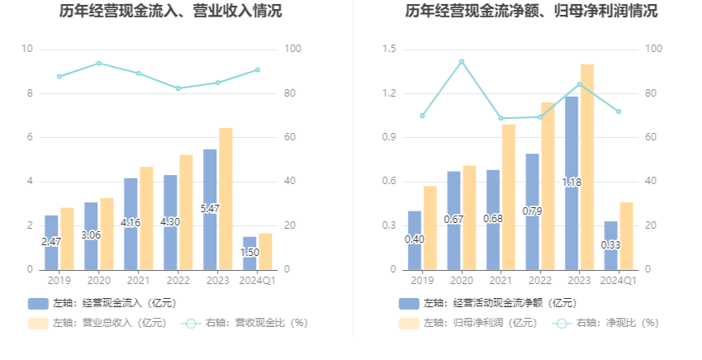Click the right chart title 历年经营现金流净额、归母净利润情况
pos(532,12)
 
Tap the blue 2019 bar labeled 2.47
pos(51,242)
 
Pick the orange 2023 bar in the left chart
pos(225,198)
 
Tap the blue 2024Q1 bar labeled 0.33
pos(610,245)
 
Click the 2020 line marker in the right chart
pos(462,61)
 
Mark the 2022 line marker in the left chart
pos(178,88)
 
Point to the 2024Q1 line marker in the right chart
pos(619,111)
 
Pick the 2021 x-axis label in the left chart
pos(138,281)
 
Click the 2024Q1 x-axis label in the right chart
pos(619,281)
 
